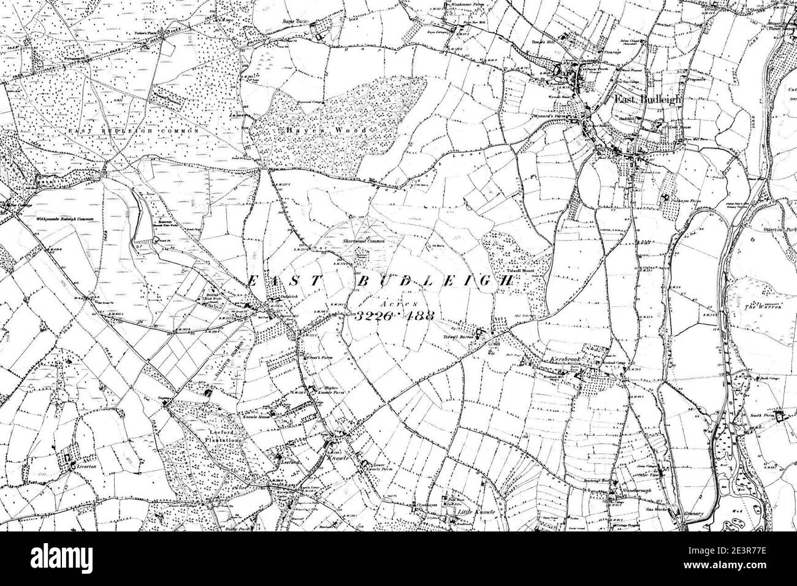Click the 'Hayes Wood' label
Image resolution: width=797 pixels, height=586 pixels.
point(324,131)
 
